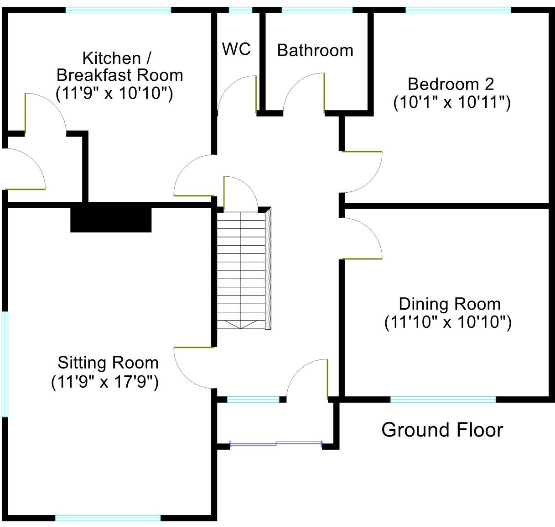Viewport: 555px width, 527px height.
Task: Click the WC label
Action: tap(236, 48)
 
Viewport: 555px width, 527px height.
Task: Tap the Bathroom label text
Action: tap(315, 50)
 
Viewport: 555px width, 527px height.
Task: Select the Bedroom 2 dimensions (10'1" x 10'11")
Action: tap(451, 103)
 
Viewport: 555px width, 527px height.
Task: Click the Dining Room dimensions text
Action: tap(447, 322)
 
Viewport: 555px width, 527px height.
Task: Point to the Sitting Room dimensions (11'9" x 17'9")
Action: tap(104, 381)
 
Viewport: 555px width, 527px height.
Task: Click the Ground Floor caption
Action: tap(442, 430)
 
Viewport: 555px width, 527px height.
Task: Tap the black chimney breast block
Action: tap(111, 218)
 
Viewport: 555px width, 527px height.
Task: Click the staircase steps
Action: tap(240, 269)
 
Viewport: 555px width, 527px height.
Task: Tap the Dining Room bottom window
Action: tap(443, 400)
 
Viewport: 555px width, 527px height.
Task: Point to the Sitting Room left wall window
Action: tap(5, 364)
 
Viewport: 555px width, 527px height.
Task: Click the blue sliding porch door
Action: tap(276, 443)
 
